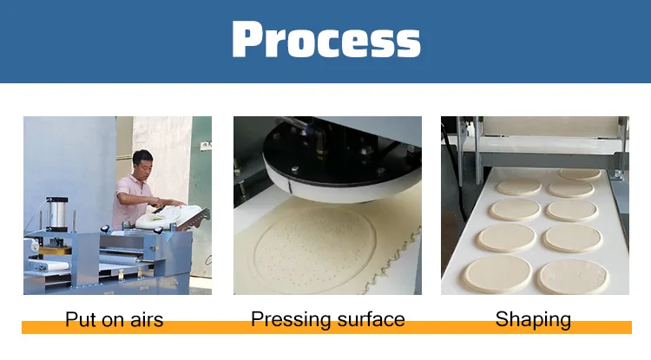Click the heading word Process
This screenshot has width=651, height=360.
(x=325, y=41)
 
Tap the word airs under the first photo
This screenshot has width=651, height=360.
(x=142, y=319)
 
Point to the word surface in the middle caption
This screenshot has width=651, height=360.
(x=368, y=319)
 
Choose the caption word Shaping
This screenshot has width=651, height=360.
(x=533, y=319)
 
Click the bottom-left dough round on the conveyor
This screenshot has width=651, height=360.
(x=496, y=273)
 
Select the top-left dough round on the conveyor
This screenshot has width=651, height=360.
(x=517, y=185)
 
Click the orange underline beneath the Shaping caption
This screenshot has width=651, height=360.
(x=533, y=328)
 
